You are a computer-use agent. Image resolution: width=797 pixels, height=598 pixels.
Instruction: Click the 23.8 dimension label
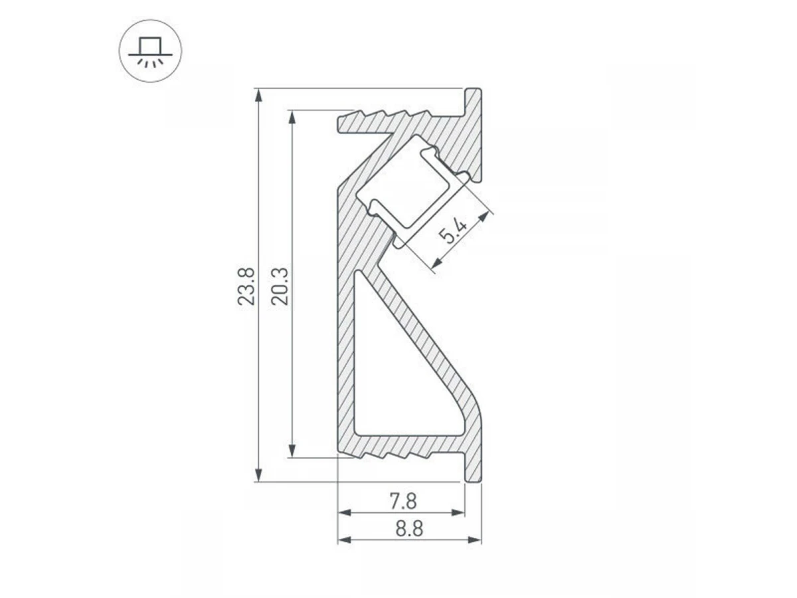tap(246, 286)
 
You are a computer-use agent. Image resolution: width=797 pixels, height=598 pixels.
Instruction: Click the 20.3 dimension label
tap(280, 286)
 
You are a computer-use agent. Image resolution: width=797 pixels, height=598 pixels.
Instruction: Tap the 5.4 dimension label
tap(452, 232)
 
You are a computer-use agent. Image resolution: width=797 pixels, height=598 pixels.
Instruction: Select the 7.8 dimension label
tap(403, 502)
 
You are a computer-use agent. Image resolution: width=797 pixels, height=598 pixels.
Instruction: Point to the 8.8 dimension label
tap(409, 529)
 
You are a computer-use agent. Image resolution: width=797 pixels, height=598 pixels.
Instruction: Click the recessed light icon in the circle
tap(150, 52)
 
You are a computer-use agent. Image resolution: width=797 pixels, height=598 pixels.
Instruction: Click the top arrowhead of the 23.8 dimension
tap(258, 95)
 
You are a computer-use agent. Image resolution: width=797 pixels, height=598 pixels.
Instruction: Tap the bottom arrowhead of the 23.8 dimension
tap(258, 475)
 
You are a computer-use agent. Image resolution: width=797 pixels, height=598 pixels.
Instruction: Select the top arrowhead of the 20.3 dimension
tap(292, 116)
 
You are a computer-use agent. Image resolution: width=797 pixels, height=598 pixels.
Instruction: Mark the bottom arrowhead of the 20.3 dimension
tap(292, 451)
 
